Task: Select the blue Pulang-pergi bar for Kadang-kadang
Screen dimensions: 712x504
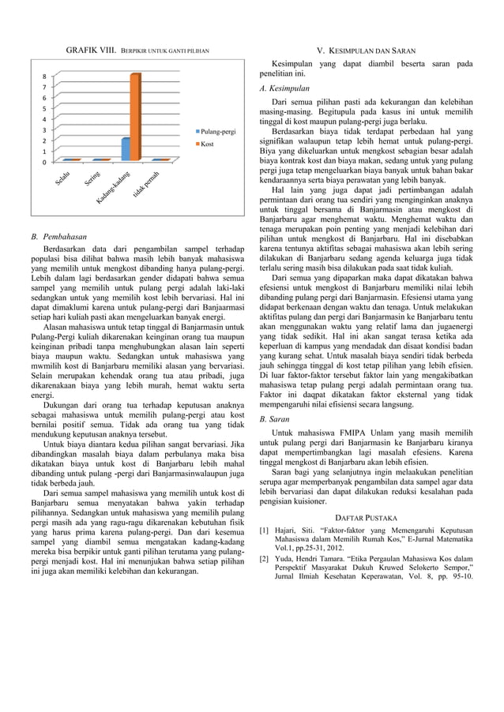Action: click(126, 149)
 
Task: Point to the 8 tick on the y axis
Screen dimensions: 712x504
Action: click(43, 77)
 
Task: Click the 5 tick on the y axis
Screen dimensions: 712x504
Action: click(43, 109)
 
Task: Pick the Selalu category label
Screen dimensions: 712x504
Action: click(65, 179)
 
